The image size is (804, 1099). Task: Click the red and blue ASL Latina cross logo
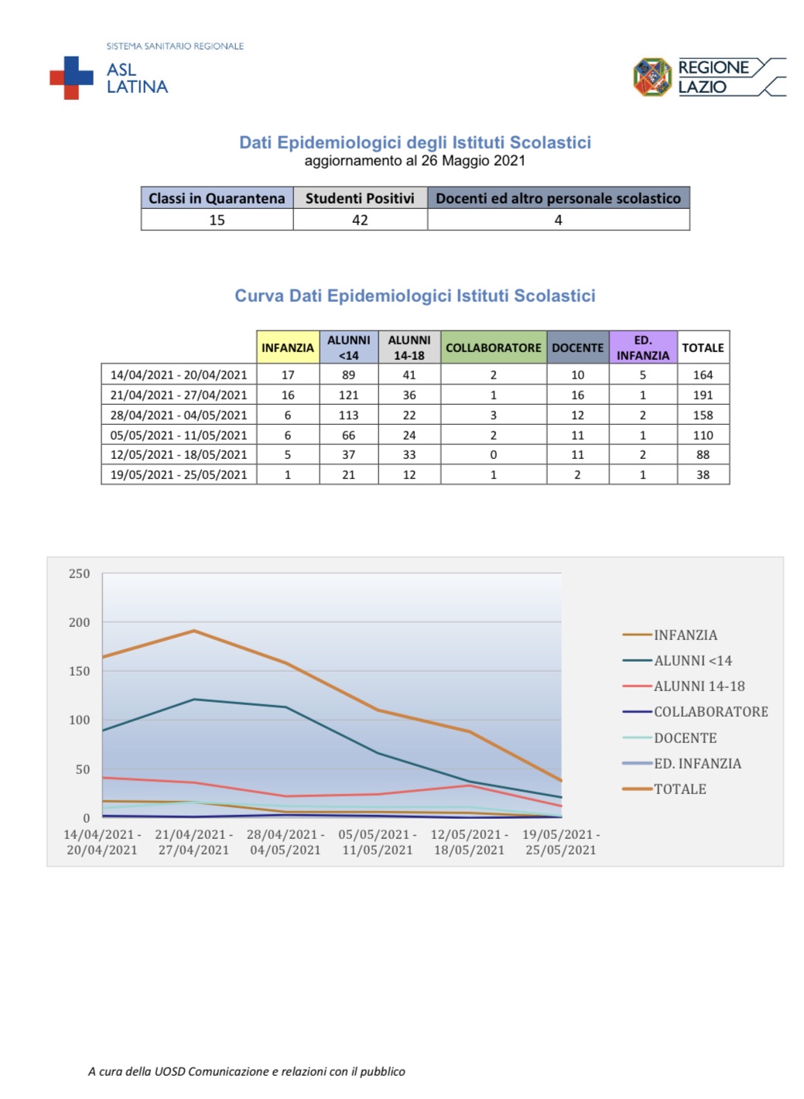[71, 77]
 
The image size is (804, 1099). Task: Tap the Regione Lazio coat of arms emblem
[652, 77]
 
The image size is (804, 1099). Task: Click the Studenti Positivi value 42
[360, 220]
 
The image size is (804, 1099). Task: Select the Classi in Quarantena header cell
[217, 197]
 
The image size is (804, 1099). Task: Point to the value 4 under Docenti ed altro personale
[558, 220]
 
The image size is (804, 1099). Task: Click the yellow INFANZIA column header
[288, 348]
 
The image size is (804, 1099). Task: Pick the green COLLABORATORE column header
[493, 348]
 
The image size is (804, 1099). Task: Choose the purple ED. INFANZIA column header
[642, 348]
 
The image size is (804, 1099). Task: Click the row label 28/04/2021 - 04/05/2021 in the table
[179, 415]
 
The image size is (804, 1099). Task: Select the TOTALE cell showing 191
[703, 395]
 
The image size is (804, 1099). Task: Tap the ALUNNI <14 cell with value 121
[348, 395]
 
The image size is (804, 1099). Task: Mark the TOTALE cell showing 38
[703, 474]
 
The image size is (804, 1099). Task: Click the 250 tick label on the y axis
[80, 573]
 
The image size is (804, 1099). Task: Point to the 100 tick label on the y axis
[80, 721]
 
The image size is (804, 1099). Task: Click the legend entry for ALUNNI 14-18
[683, 686]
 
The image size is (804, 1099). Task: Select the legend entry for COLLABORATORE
[695, 711]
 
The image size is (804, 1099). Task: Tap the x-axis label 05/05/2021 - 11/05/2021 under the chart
[377, 842]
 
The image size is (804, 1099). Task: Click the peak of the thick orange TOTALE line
[194, 631]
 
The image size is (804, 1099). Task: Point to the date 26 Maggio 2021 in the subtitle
[474, 160]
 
